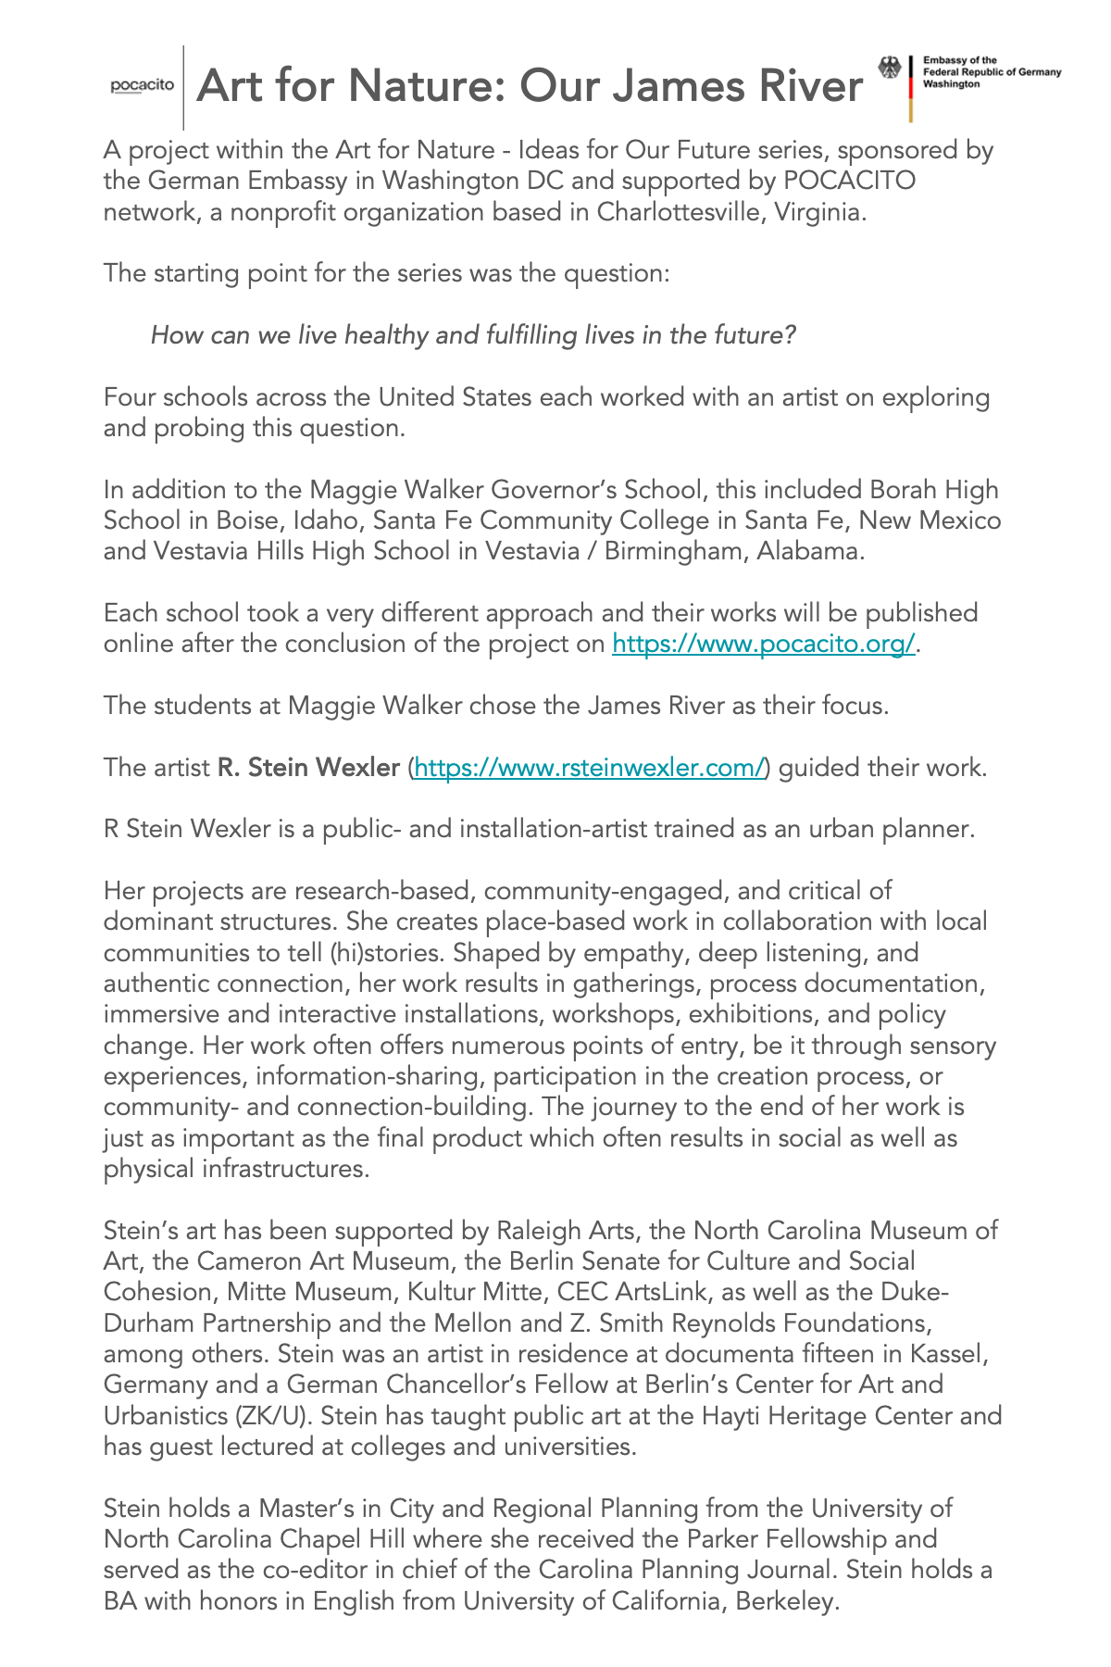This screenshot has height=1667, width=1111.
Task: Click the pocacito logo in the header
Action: [143, 86]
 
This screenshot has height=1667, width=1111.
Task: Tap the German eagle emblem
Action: [890, 69]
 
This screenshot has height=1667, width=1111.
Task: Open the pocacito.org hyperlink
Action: [764, 644]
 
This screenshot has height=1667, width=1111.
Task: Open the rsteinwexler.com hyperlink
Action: [591, 767]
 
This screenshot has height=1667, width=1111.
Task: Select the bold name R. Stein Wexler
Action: [308, 767]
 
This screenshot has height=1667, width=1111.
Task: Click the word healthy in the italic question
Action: [385, 334]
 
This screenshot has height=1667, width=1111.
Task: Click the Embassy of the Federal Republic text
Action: [991, 71]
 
